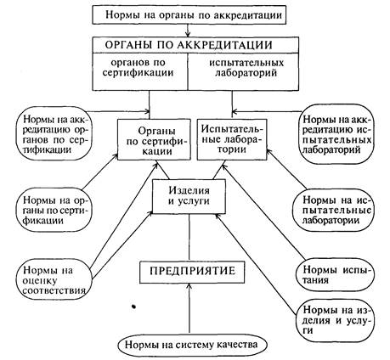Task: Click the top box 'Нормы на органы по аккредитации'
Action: (189, 15)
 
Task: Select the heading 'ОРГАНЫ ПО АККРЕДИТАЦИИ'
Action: (189, 45)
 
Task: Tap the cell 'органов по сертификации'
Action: (140, 71)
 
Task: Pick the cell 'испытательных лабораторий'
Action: (243, 71)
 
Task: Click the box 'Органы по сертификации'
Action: (154, 139)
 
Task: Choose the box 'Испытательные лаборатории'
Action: (232, 139)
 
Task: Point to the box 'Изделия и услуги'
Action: (189, 196)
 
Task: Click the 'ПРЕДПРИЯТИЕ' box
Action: (192, 271)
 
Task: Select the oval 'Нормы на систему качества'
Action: (192, 345)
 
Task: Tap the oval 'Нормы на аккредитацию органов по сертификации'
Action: (54, 133)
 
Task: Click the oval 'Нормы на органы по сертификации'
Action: (54, 211)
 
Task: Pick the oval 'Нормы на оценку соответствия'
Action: (54, 280)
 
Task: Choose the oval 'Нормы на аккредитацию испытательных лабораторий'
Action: (336, 134)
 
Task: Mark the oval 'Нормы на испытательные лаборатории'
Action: (336, 210)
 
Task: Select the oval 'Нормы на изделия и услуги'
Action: (336, 320)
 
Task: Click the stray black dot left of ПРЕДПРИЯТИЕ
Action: (133, 307)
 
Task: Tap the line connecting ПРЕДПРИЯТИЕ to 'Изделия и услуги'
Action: (189, 238)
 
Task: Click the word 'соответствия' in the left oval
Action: (54, 290)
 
